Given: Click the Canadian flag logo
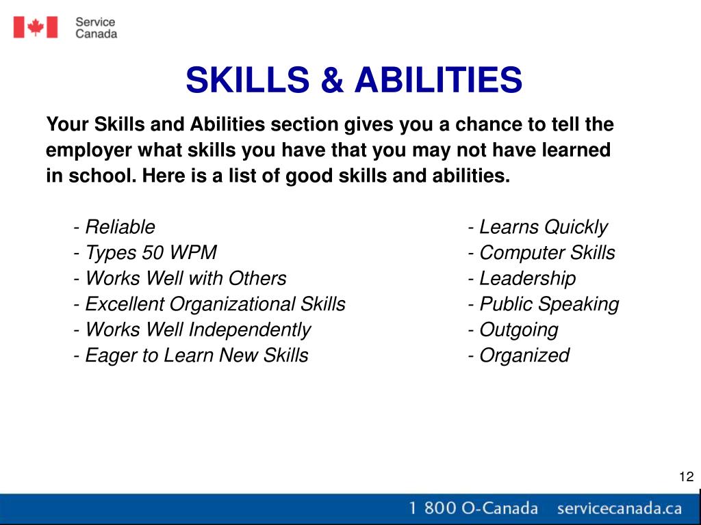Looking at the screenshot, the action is (36, 27).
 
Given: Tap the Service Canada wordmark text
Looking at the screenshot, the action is (96, 27).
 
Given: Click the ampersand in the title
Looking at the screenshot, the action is (332, 79).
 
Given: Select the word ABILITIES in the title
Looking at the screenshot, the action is (438, 79).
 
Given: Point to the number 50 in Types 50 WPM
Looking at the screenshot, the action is (152, 252).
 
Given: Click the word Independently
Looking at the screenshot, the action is (249, 330).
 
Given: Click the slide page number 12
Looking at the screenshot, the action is (686, 476).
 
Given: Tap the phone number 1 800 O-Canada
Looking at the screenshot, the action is (473, 508).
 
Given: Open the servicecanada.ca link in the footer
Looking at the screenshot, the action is (619, 508).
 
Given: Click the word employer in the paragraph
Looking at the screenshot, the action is (89, 150).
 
